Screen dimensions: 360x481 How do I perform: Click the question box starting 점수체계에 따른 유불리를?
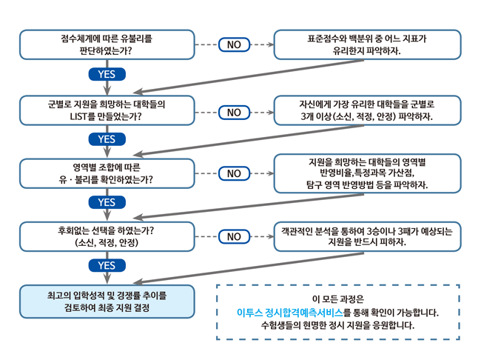click(x=107, y=44)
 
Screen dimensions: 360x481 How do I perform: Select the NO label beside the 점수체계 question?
click(x=234, y=44)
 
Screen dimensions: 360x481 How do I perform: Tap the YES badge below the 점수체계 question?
click(x=107, y=74)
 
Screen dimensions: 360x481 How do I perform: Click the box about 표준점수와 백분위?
click(x=367, y=44)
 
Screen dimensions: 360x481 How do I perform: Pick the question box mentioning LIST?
click(x=107, y=110)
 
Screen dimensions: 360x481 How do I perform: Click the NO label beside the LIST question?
click(x=234, y=113)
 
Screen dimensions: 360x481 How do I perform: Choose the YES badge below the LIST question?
click(x=107, y=139)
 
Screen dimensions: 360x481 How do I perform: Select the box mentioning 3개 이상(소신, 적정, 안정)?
click(x=367, y=110)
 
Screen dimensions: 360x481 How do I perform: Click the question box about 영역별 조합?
click(x=107, y=173)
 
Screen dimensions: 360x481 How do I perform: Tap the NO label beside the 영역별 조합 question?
click(x=234, y=173)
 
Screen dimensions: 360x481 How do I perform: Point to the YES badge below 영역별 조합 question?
click(x=107, y=202)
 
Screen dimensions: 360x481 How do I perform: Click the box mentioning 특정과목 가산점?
click(x=367, y=172)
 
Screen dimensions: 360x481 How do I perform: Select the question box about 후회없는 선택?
click(x=107, y=236)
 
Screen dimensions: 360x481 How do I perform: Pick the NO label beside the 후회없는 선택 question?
click(x=234, y=236)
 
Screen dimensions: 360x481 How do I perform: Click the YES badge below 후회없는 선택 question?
click(x=107, y=265)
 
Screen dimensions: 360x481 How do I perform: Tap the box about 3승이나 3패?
click(x=367, y=236)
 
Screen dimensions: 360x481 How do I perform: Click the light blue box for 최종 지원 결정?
click(x=107, y=301)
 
